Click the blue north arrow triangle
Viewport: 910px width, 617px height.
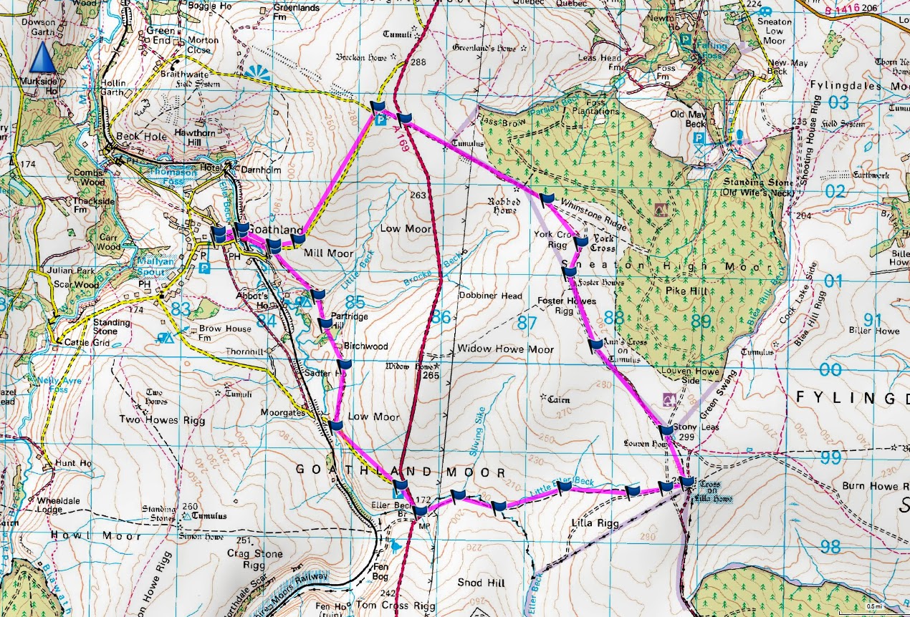pyautogui.click(x=44, y=57)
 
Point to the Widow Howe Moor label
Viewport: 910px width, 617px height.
pyautogui.click(x=505, y=349)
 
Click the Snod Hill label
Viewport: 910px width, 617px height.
pyautogui.click(x=482, y=583)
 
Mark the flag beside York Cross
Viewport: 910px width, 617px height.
pyautogui.click(x=581, y=243)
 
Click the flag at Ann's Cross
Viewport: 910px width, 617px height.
pyautogui.click(x=595, y=346)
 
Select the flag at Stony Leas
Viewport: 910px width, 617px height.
pyautogui.click(x=666, y=430)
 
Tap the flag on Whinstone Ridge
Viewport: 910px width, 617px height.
pyautogui.click(x=547, y=198)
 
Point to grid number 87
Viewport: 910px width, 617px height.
pyautogui.click(x=527, y=323)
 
